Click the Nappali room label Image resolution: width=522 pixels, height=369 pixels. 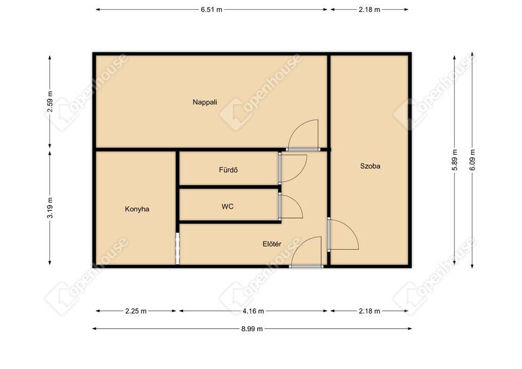tap(205, 102)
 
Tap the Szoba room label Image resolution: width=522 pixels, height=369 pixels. tap(370, 166)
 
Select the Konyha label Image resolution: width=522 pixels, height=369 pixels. tap(137, 209)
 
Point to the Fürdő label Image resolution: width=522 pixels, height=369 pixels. tap(228, 170)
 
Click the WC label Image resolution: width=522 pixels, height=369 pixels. tap(228, 207)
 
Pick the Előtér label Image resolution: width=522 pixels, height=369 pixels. tap(272, 244)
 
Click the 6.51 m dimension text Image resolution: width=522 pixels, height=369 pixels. tap(212, 10)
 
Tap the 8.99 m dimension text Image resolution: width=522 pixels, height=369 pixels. tap(252, 329)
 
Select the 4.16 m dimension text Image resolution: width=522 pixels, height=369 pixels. tap(253, 311)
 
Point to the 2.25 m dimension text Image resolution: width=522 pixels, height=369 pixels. tap(136, 311)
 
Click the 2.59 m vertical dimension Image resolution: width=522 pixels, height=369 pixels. tap(50, 102)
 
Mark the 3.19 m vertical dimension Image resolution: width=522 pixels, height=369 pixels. tap(50, 208)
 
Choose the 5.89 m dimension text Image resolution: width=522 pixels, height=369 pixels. tap(455, 160)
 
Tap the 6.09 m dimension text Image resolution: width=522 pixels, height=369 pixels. tap(473, 160)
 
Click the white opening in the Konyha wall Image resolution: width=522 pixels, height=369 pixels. tap(177, 248)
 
